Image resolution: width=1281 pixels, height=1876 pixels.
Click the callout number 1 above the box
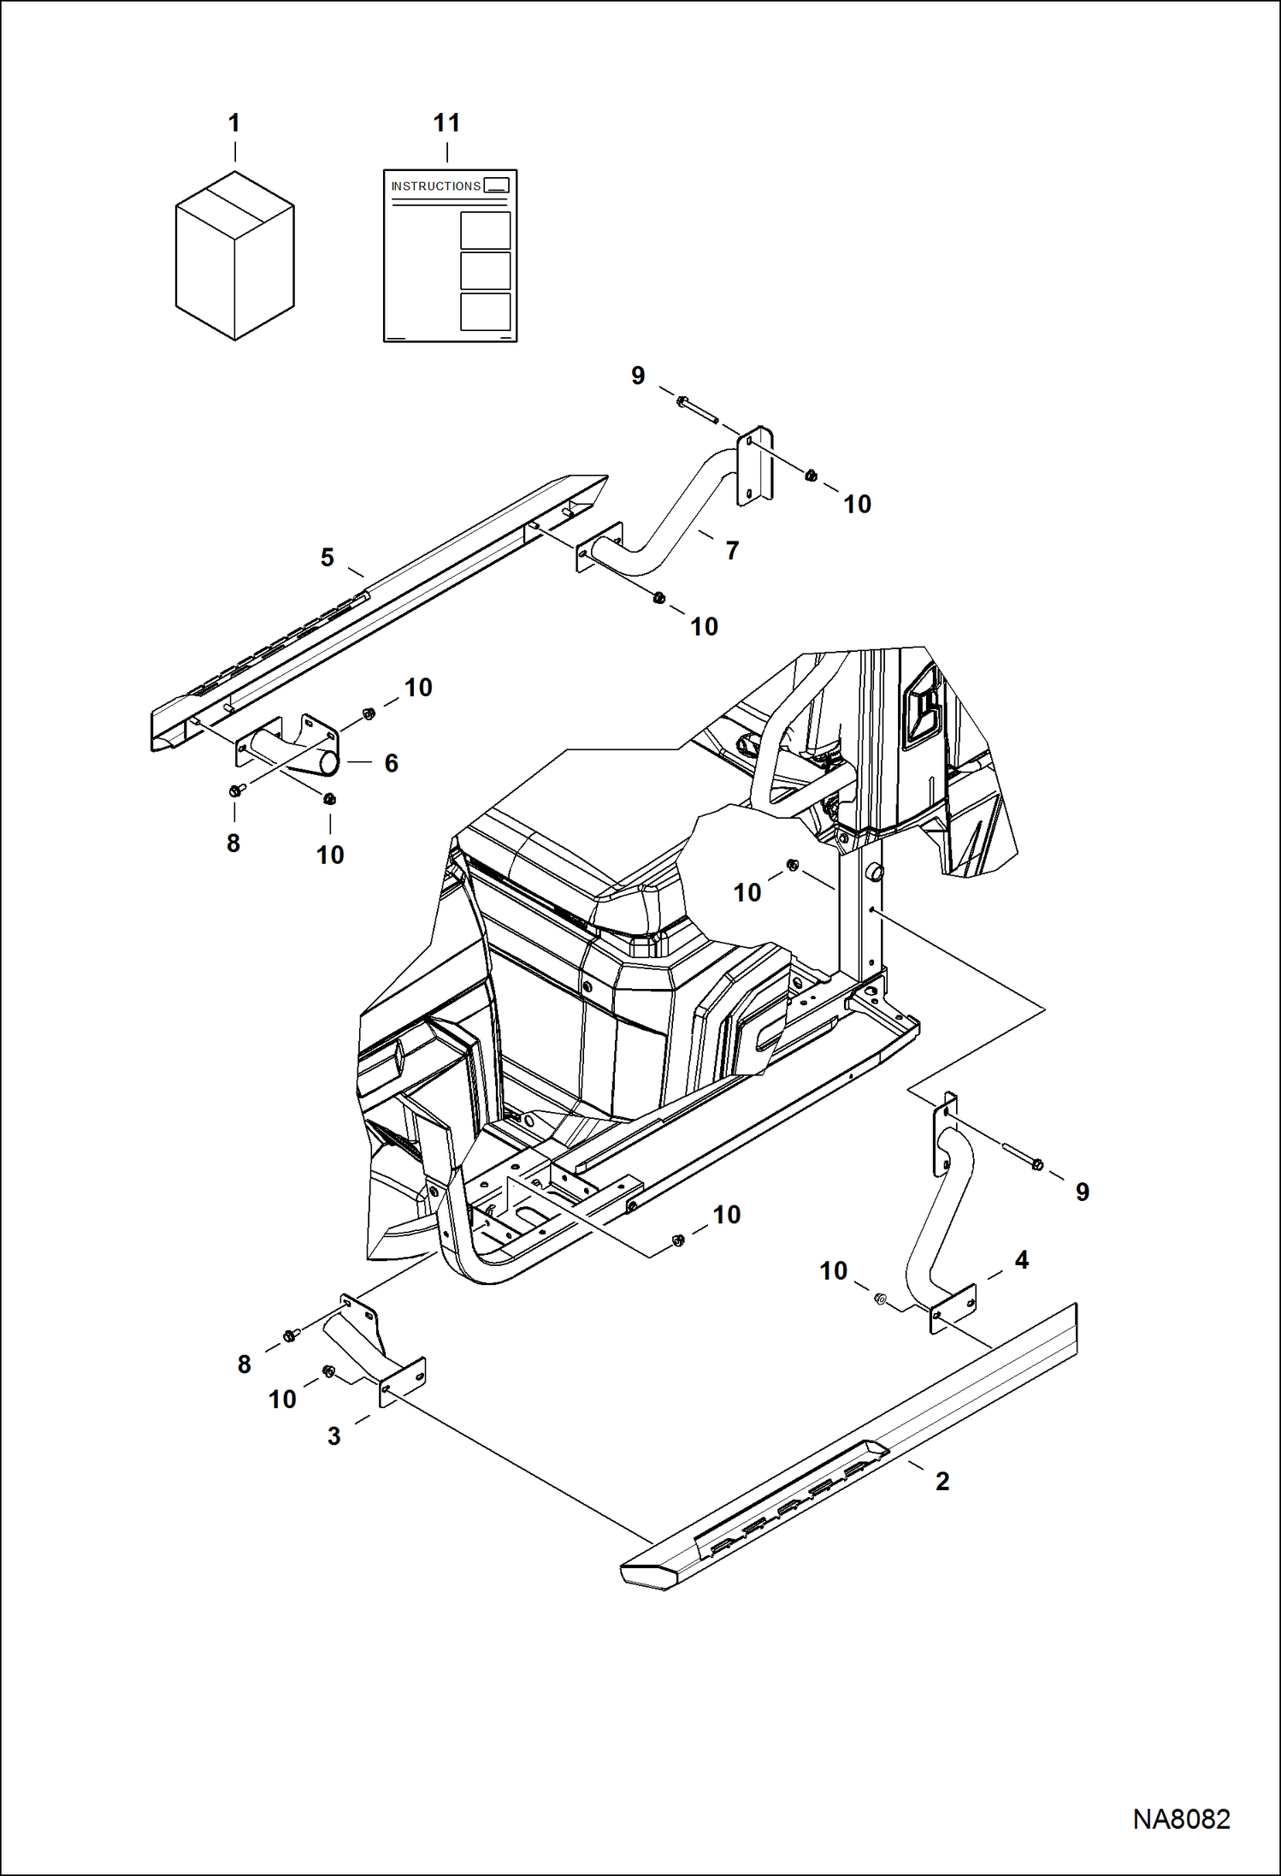click(233, 123)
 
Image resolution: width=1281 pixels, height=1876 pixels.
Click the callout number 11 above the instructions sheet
click(446, 123)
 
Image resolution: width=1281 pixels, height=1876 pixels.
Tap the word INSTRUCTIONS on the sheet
click(435, 186)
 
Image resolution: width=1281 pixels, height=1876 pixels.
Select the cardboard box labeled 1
click(234, 256)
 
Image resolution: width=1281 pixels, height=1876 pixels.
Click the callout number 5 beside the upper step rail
click(327, 558)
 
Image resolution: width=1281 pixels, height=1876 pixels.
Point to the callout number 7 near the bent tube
click(732, 551)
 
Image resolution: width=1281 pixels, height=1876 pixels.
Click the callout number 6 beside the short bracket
click(391, 763)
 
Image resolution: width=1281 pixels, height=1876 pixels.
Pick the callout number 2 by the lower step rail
click(942, 1481)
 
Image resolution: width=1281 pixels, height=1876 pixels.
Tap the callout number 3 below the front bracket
click(334, 1436)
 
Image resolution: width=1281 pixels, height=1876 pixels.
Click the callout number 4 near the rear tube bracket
click(1021, 1260)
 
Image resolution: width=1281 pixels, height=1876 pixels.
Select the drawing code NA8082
click(1181, 1820)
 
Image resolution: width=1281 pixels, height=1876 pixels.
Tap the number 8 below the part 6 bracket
click(233, 843)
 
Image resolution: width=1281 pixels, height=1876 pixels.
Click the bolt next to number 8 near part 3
click(291, 1335)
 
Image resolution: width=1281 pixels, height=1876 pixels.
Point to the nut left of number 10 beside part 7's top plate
click(811, 476)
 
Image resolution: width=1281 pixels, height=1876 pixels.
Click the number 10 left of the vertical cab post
click(747, 893)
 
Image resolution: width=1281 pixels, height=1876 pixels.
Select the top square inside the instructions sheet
click(485, 230)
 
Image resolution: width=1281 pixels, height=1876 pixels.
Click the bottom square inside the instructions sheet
click(485, 311)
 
